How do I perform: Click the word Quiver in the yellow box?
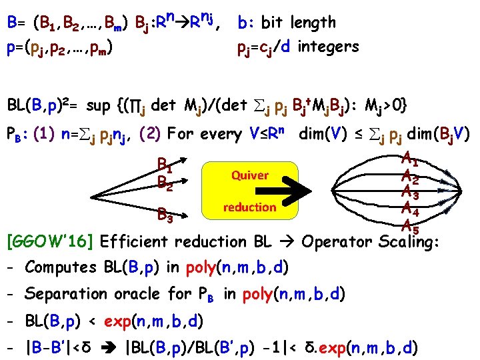(x=249, y=175)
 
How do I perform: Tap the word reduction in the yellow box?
(x=249, y=207)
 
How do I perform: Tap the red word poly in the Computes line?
(x=200, y=268)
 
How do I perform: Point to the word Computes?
(x=61, y=268)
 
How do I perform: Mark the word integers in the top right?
(x=329, y=47)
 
